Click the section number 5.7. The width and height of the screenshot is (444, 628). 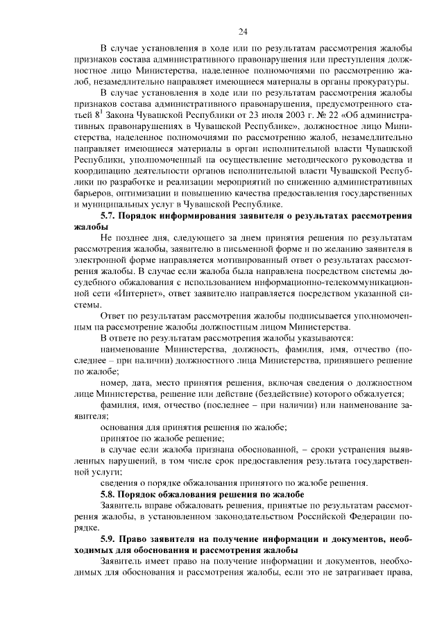pyautogui.click(x=111, y=216)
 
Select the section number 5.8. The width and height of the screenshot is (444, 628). pyautogui.click(x=111, y=493)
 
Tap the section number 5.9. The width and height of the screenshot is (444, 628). pyautogui.click(x=111, y=538)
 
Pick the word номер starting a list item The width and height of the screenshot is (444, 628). pyautogui.click(x=114, y=382)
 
